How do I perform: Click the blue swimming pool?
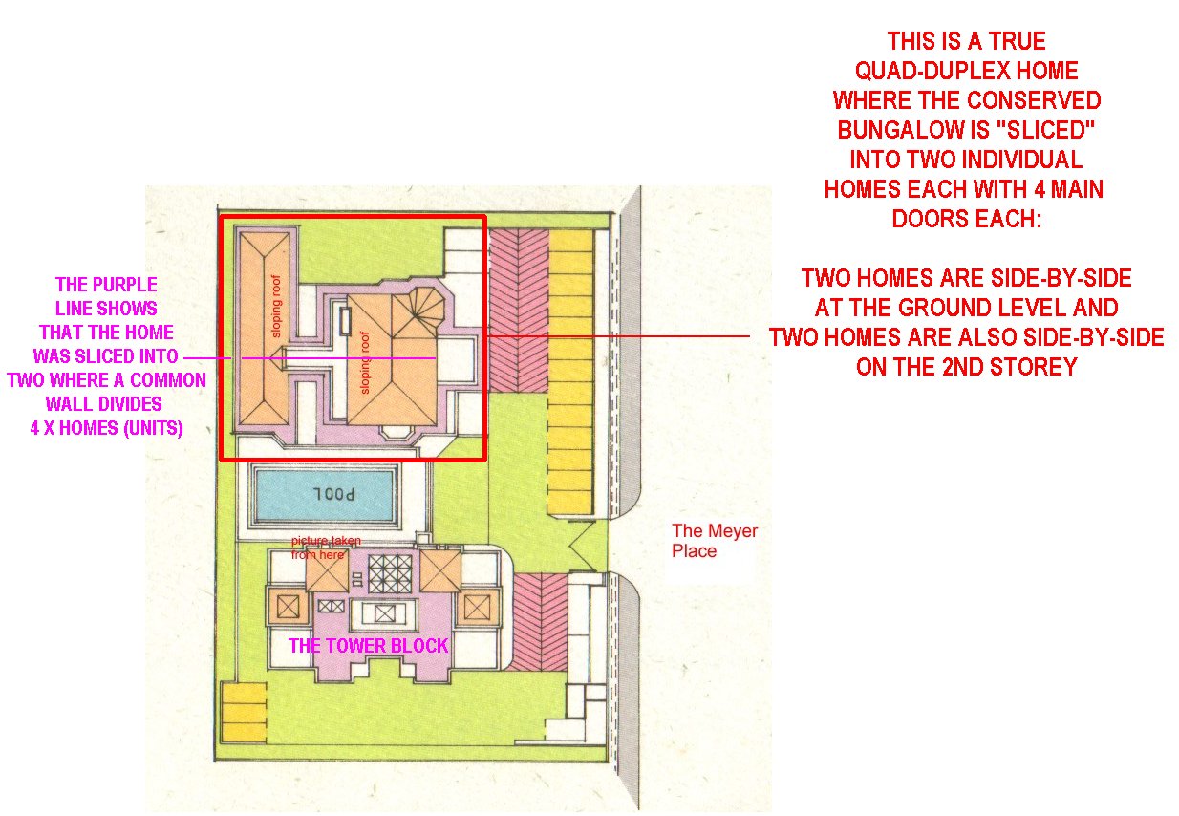tap(324, 494)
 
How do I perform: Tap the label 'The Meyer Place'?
tap(715, 541)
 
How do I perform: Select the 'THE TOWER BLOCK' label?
tap(369, 645)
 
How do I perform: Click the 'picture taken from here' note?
tap(325, 548)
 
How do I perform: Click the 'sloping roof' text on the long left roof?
tap(276, 306)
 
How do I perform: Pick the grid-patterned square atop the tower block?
tap(390, 574)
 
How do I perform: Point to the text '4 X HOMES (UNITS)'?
tap(106, 427)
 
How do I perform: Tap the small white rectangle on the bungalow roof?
tap(345, 321)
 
